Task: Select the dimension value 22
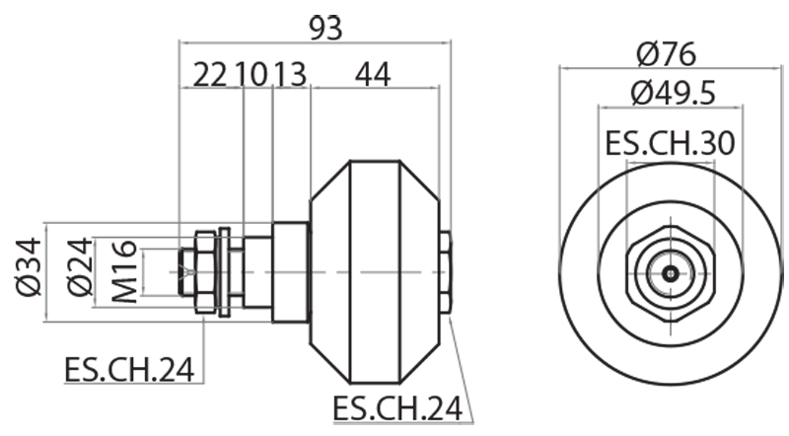point(210,74)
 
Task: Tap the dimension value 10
point(252,74)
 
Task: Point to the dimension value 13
point(290,74)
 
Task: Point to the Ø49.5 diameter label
point(672,94)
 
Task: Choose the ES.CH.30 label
point(671,143)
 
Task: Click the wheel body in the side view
point(375,271)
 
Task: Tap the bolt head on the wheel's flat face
point(446,272)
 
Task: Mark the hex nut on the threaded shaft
point(204,272)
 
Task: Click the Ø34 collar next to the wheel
point(290,272)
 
